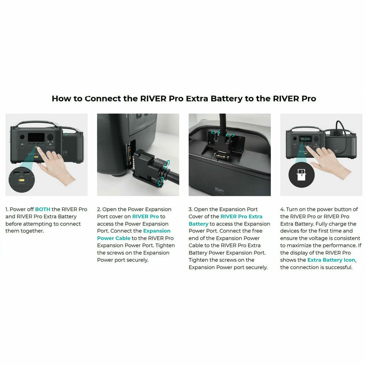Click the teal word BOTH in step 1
tap(43, 209)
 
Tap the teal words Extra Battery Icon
tap(331, 260)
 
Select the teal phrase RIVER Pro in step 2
tap(146, 216)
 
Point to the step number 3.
tap(190, 209)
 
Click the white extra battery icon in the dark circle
tap(301, 175)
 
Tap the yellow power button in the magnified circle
tap(22, 180)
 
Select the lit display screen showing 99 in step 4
tap(305, 139)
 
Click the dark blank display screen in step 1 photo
tap(36, 137)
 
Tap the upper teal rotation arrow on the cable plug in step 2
tap(167, 164)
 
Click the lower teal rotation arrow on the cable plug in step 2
tap(160, 182)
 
